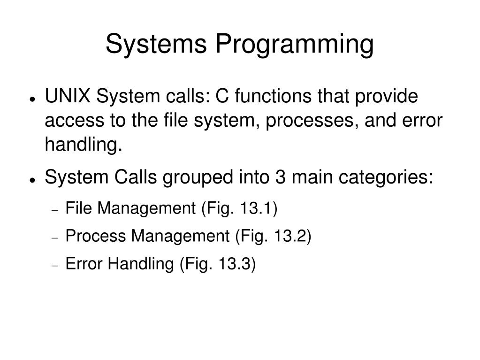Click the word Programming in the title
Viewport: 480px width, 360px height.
(x=295, y=45)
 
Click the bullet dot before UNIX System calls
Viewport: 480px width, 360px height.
(x=32, y=99)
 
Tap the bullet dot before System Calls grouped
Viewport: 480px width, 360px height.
(x=32, y=180)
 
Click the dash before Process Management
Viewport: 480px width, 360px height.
(x=54, y=237)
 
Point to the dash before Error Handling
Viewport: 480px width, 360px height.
(x=54, y=266)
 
